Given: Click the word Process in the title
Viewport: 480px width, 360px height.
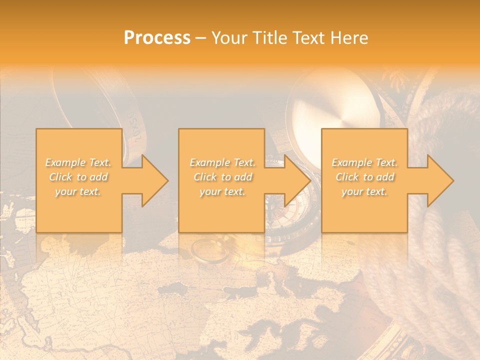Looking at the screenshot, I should click(x=157, y=38).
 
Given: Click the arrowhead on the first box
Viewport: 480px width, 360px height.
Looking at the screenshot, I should click(x=153, y=180).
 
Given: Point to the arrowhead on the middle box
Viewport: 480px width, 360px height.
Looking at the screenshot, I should click(x=295, y=180).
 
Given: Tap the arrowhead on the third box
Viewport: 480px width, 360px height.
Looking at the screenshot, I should click(x=438, y=180).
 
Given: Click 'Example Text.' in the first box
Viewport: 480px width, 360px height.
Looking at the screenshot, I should click(x=78, y=162).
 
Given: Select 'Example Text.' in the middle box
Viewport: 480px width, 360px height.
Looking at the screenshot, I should click(x=222, y=162).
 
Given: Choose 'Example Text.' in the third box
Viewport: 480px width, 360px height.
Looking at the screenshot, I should click(x=364, y=162).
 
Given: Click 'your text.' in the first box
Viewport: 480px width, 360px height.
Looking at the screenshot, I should click(x=78, y=191).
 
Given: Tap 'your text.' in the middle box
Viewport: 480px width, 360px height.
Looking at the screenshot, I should click(x=222, y=191).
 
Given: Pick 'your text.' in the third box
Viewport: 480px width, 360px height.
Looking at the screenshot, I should click(x=364, y=191).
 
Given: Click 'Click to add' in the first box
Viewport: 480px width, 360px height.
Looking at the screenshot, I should click(x=78, y=177).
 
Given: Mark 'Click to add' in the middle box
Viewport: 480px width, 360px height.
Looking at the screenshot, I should click(x=222, y=177).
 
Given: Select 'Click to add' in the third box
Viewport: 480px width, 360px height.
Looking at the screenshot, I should click(x=364, y=177).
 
